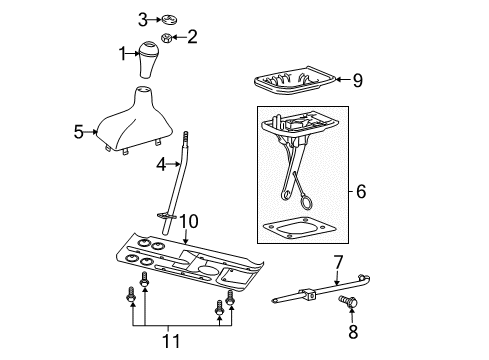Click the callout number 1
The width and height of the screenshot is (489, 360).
124,54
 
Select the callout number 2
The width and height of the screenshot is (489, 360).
192,38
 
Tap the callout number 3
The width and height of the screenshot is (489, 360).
143,18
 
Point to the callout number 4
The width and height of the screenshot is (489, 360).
160,163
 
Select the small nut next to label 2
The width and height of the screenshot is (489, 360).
170,39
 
